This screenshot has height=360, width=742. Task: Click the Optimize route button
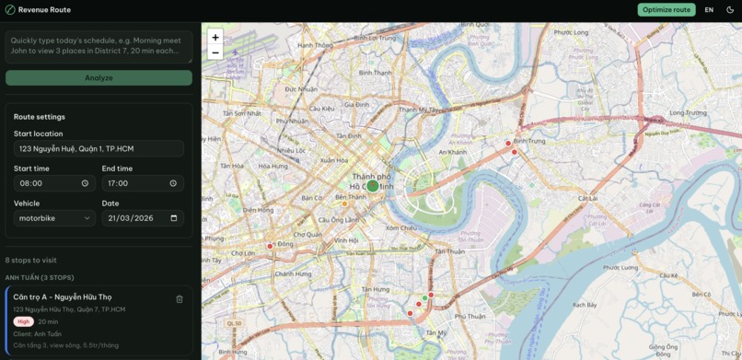click(x=666, y=10)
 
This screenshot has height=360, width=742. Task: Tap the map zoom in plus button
click(x=214, y=38)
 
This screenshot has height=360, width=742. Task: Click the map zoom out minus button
click(x=214, y=52)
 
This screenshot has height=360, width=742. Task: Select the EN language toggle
click(x=709, y=10)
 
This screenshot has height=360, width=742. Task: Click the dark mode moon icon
click(x=730, y=10)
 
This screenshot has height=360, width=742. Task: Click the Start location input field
click(x=99, y=149)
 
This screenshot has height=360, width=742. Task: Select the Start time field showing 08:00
click(x=54, y=183)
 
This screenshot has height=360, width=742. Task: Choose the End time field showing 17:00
click(x=142, y=183)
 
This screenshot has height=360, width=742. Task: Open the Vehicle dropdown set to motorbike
click(x=54, y=218)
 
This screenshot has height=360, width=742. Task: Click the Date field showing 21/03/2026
click(x=142, y=218)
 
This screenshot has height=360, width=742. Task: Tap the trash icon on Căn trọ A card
click(x=180, y=299)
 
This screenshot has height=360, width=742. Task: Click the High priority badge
click(x=24, y=321)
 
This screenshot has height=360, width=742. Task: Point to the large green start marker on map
click(x=372, y=186)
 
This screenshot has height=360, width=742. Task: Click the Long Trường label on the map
click(x=688, y=113)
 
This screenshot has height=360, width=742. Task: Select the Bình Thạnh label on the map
click(x=376, y=72)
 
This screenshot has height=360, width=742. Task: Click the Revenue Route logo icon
click(x=10, y=10)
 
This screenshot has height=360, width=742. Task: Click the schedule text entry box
click(x=99, y=47)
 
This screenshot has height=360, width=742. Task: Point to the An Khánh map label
click(x=452, y=152)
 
